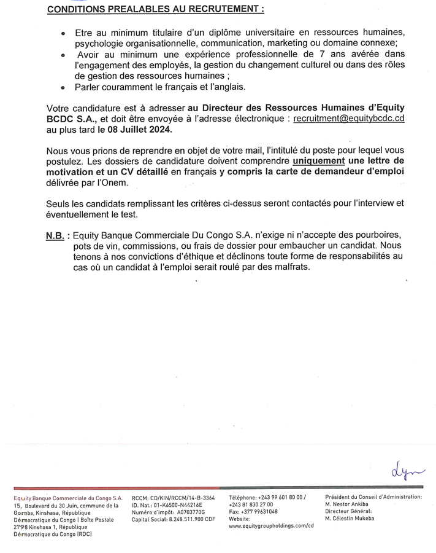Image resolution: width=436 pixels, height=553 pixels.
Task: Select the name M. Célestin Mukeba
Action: pyautogui.click(x=356, y=519)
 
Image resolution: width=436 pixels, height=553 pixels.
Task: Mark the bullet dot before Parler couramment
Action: pyautogui.click(x=64, y=88)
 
